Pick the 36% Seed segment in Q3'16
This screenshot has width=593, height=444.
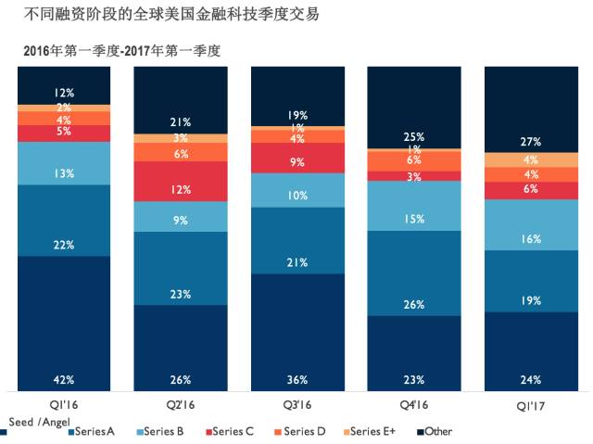coord(297,333)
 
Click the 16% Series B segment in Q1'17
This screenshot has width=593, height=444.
coord(531,237)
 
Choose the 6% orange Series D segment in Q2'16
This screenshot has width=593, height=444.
coord(181,153)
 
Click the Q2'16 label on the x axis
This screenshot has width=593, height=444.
coord(181,404)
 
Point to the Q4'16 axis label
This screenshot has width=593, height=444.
coord(414,404)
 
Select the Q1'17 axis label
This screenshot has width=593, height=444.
coord(531,404)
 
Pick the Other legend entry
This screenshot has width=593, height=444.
coord(437,431)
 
